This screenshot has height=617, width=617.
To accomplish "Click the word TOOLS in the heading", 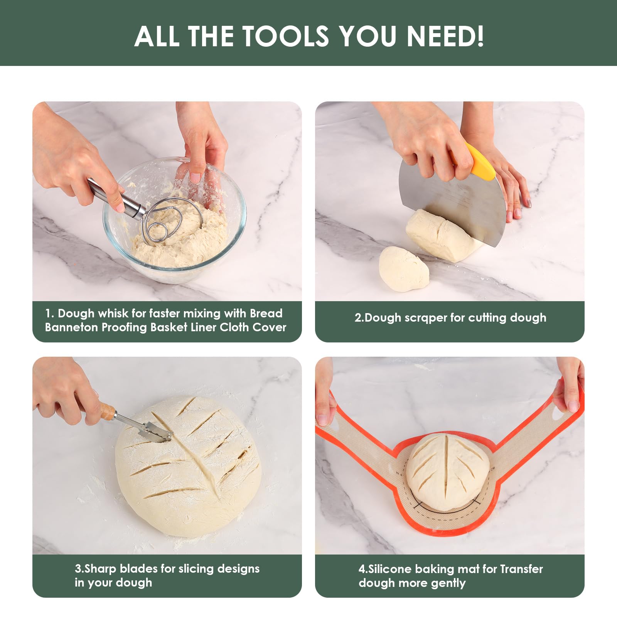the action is [x=285, y=36].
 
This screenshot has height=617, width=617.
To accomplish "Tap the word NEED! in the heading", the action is [x=445, y=36].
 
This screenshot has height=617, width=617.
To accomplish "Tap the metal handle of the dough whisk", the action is [x=116, y=199].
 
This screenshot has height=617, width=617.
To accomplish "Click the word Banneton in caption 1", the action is [x=71, y=327].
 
